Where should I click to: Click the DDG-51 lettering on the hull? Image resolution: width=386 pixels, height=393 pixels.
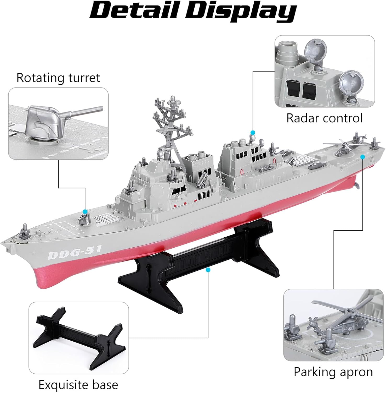75,252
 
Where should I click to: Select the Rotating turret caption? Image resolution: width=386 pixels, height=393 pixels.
58,78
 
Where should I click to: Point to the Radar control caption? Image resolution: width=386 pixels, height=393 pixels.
324,118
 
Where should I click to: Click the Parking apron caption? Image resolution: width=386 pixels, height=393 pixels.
333,372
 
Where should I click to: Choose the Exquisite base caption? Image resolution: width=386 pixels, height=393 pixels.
78,385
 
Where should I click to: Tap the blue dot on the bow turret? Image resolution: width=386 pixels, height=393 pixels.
85,211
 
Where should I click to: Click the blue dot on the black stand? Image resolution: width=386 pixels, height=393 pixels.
208,270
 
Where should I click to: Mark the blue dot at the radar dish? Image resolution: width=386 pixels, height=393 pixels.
253,132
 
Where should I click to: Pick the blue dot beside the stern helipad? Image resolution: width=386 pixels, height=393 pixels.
362,157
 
